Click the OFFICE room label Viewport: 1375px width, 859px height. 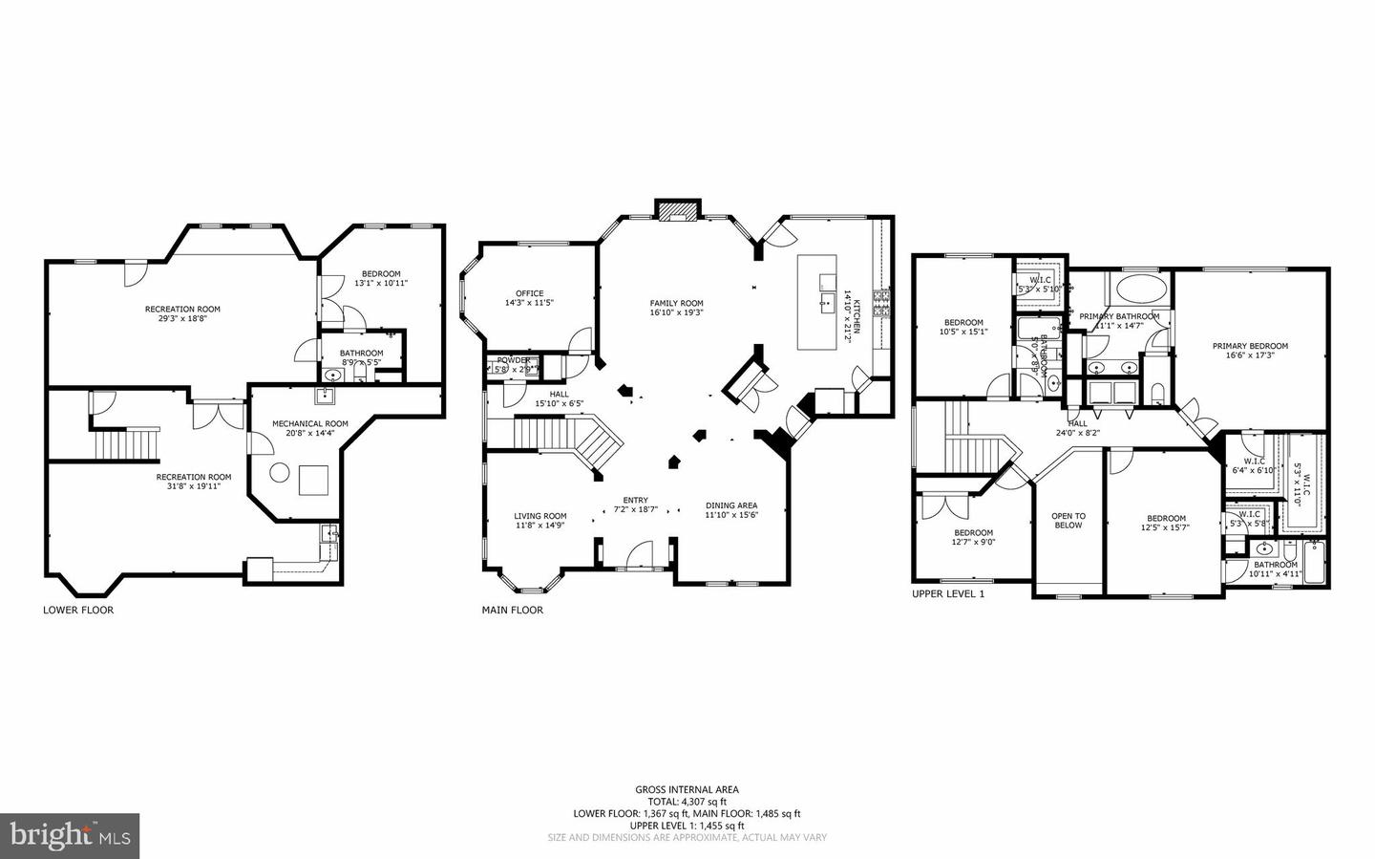coord(529,293)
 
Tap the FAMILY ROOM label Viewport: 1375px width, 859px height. coord(676,303)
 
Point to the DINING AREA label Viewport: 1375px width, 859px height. coord(731,505)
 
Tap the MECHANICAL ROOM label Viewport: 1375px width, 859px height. coord(309,423)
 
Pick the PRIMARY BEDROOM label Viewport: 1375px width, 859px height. coord(1250,346)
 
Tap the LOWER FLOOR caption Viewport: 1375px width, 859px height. coord(78,610)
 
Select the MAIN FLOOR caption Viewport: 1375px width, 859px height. coord(513,610)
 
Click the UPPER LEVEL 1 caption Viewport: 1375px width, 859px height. coord(948,593)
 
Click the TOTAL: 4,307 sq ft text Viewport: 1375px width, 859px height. coord(687,802)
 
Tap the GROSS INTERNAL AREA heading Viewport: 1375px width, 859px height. coord(687,789)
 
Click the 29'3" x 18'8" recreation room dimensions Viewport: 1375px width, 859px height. coord(182,319)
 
